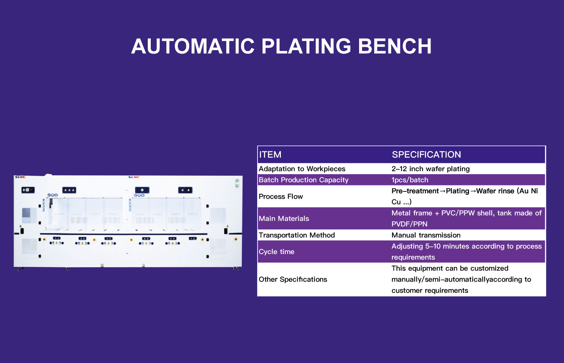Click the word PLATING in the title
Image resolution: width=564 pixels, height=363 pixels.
click(306, 47)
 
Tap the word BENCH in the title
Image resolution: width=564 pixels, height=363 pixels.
click(394, 47)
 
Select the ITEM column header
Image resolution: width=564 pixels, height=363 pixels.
click(270, 155)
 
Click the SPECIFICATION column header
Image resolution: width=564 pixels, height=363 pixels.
click(426, 155)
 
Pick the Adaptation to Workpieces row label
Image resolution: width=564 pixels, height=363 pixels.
click(302, 169)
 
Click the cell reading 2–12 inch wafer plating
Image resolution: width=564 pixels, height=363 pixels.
click(431, 169)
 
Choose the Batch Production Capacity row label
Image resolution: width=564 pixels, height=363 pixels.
click(303, 180)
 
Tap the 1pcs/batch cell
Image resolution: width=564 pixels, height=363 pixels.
click(410, 180)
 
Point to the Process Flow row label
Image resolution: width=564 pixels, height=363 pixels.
click(280, 196)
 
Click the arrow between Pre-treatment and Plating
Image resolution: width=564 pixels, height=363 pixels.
click(443, 191)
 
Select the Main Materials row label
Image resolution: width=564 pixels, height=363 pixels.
click(284, 218)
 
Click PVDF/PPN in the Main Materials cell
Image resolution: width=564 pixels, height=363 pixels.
click(409, 224)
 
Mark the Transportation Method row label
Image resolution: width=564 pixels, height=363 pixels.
click(297, 235)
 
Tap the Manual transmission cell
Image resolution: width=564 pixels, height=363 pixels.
click(426, 235)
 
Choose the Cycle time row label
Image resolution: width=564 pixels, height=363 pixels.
click(276, 252)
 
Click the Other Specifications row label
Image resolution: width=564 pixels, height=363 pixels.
click(293, 279)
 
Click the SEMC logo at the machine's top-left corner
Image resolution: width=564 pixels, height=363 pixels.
click(20, 177)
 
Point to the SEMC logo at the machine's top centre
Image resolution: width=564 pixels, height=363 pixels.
click(134, 177)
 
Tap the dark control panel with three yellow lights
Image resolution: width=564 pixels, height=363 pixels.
click(69, 190)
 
